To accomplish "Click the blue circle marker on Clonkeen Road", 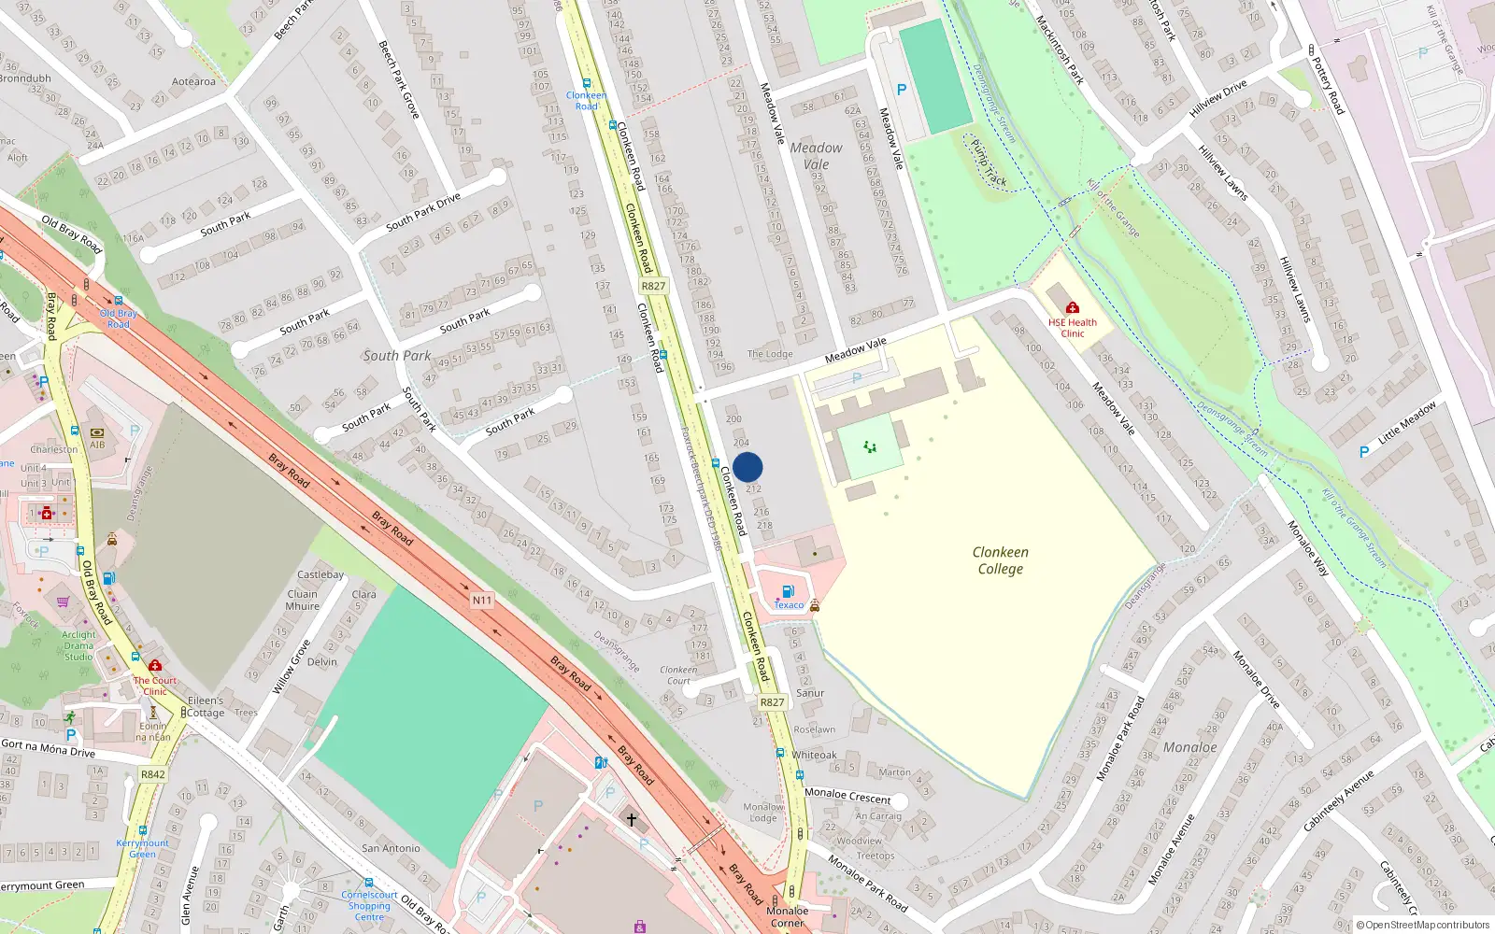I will (x=747, y=467).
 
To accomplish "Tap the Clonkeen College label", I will (x=1000, y=560).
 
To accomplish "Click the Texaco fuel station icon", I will (x=788, y=591).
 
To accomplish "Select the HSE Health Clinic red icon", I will (x=1072, y=307).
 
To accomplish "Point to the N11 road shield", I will (x=482, y=601).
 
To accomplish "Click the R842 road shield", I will (x=153, y=774).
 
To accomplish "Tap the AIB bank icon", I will (x=97, y=432).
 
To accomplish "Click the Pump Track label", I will (x=989, y=163).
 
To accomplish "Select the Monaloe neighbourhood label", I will (x=1189, y=747).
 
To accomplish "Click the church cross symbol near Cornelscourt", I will (x=632, y=819).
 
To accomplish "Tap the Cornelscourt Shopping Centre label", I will (x=369, y=905).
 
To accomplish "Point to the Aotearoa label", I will (x=193, y=81).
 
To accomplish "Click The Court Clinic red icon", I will (x=155, y=665).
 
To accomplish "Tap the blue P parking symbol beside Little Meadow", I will (x=1364, y=452).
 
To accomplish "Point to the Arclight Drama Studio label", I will (x=78, y=645).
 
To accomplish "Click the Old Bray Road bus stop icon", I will (x=119, y=301).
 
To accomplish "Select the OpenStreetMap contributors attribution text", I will (x=1422, y=925).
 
